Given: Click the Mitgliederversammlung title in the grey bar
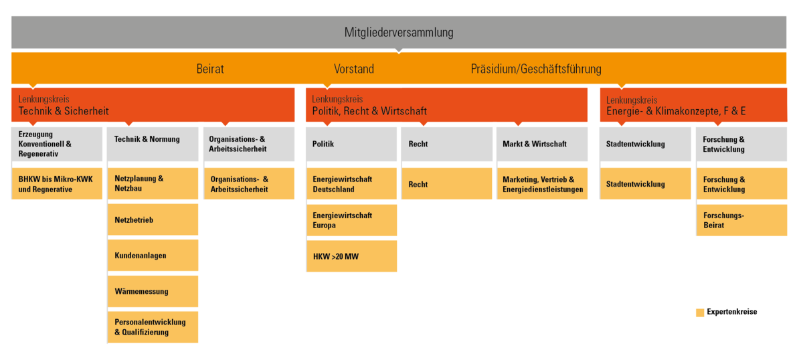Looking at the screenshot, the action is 398,33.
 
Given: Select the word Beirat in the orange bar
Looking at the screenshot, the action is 211,68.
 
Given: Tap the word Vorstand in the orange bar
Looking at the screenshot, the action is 354,68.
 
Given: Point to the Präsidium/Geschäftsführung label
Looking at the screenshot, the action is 536,68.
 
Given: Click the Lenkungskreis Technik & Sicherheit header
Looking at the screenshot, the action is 153,104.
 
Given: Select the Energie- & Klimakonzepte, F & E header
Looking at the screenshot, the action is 693,104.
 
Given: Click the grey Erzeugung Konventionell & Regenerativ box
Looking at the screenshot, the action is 57,145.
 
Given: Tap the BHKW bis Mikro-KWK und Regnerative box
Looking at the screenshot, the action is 57,184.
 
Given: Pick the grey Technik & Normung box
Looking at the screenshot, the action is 153,145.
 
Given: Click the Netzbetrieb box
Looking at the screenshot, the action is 153,219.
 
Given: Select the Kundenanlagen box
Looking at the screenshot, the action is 153,256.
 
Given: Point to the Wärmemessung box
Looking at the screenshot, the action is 153,292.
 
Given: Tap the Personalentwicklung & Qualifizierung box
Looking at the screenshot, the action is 153,327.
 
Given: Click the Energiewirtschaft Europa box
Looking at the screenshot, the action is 351,220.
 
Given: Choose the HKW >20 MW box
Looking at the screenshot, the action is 351,256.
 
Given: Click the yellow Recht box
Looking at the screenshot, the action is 446,184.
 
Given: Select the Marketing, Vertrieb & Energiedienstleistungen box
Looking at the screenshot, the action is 542,184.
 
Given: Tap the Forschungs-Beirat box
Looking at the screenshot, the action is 741,220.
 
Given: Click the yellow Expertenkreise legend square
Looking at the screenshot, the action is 700,312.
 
